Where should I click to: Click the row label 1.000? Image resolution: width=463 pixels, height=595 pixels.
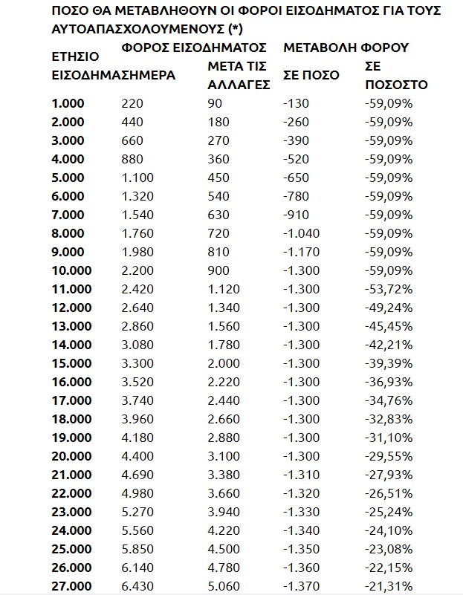pos(68,103)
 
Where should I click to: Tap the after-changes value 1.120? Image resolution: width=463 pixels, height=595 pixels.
pos(223,290)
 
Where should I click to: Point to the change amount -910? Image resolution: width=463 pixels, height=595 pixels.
pos(296,215)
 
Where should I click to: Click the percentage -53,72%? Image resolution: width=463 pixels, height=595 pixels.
pos(389,290)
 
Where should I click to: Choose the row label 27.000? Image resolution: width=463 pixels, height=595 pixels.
pos(71,587)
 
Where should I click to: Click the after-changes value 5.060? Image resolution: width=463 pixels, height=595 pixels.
pos(223,587)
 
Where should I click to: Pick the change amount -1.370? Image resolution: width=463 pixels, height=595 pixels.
pos(301,587)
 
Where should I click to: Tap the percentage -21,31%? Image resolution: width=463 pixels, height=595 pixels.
pos(389,587)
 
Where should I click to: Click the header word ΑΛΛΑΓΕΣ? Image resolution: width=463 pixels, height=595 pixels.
pos(236,85)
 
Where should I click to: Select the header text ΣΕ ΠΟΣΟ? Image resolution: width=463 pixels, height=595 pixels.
pos(311,75)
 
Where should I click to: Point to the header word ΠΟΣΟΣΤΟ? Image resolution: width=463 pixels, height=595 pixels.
pos(397,85)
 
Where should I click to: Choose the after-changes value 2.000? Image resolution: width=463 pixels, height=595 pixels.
pos(223,364)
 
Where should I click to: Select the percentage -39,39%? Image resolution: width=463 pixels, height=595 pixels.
pos(389,364)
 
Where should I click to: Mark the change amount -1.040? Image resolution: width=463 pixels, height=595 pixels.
pos(301,234)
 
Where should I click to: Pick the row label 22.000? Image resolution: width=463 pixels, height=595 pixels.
pos(71,494)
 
